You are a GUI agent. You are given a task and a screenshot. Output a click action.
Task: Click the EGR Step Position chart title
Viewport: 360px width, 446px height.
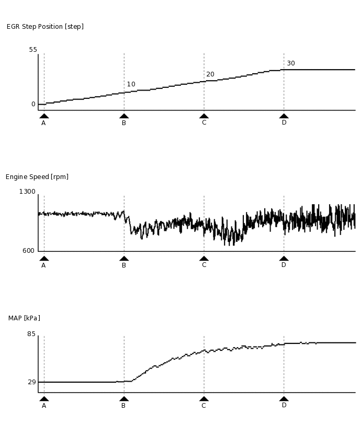[45, 27]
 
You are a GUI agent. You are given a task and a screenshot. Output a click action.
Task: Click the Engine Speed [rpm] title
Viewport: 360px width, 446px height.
[37, 177]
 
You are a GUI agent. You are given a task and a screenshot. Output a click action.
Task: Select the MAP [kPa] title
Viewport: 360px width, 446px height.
[24, 318]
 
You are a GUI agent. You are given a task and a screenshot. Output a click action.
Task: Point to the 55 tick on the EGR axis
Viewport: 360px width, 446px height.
[33, 50]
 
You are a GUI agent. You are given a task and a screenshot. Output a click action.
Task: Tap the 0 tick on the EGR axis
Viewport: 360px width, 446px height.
[33, 104]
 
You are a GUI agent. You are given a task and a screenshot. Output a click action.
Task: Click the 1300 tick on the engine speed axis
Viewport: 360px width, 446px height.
[27, 192]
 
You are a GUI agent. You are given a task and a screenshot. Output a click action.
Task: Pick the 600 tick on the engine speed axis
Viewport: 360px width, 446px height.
[29, 251]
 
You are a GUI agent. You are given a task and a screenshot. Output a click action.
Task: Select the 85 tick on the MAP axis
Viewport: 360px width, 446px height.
[31, 334]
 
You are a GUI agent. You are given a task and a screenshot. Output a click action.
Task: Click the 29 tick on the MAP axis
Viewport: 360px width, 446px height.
[31, 382]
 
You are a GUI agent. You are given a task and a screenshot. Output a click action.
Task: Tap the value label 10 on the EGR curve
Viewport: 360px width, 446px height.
[131, 84]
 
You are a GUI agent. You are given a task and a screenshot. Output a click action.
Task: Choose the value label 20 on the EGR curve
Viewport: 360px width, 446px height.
[210, 74]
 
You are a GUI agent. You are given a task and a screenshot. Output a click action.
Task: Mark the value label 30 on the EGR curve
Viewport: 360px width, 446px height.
[291, 63]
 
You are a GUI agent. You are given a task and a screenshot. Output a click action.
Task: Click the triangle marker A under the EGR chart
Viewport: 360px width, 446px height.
[44, 116]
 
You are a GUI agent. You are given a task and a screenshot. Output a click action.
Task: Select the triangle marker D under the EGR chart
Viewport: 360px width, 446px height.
[284, 116]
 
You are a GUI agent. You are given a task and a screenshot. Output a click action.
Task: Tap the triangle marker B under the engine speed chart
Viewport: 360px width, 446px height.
[124, 258]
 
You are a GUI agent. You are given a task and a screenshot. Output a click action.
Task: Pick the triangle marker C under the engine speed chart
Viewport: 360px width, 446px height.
[204, 258]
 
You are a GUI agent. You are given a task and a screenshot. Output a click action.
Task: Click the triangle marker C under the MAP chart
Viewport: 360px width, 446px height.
[204, 398]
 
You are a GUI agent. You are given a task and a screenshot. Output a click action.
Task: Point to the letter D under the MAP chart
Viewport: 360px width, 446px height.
[284, 405]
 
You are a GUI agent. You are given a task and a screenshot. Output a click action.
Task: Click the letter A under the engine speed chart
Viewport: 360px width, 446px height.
[43, 265]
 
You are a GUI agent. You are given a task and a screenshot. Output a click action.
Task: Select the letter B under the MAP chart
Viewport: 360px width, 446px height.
[123, 406]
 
